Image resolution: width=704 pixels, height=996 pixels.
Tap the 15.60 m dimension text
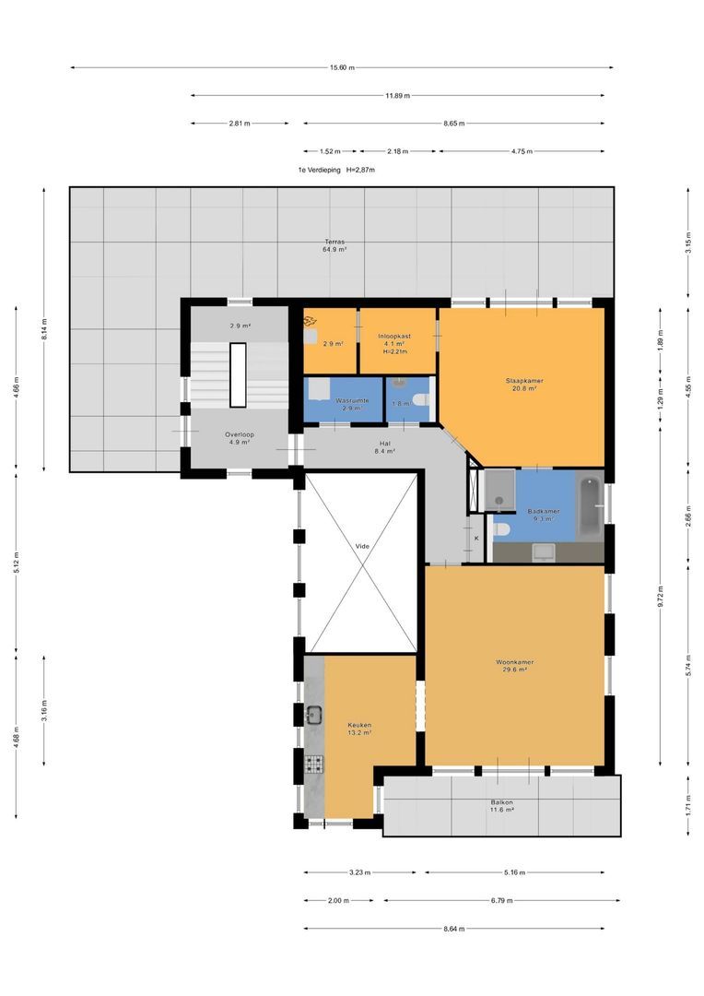click(x=342, y=68)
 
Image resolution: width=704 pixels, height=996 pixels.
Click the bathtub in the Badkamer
click(x=591, y=506)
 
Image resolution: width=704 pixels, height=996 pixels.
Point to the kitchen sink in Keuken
click(x=313, y=716)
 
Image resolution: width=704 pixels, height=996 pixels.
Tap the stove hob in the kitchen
click(x=314, y=765)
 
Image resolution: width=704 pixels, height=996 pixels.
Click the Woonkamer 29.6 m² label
click(x=515, y=666)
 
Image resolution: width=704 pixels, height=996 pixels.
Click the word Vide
click(x=362, y=546)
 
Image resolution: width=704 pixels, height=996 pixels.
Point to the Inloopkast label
click(x=395, y=336)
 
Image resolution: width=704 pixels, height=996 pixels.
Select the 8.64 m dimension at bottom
click(x=454, y=929)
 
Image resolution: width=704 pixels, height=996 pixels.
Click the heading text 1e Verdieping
click(x=320, y=171)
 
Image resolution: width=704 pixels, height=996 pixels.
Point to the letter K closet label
click(x=476, y=539)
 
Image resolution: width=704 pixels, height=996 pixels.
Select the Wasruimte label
click(x=352, y=401)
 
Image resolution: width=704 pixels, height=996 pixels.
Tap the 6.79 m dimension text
click(x=501, y=901)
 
